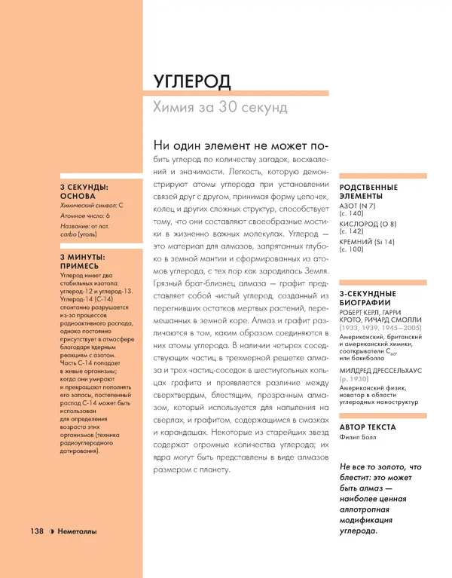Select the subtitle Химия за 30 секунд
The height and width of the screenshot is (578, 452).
pyautogui.click(x=220, y=107)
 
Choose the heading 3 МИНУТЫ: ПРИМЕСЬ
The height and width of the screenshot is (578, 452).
pyautogui.click(x=84, y=262)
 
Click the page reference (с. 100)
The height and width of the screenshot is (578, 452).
pyautogui.click(x=352, y=249)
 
